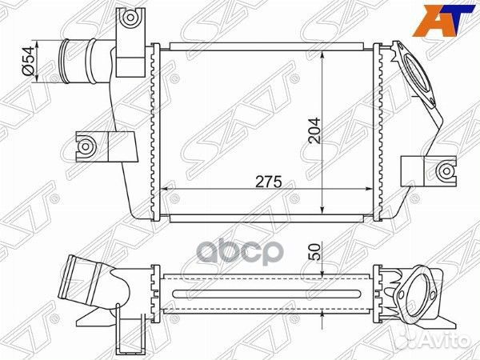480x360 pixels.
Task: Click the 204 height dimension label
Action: click(314, 130)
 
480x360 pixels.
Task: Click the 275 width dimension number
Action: click(269, 182)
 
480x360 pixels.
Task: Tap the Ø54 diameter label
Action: click(28, 62)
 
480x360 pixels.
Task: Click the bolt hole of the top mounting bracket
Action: click(130, 17)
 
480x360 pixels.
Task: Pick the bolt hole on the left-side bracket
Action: click(86, 146)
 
